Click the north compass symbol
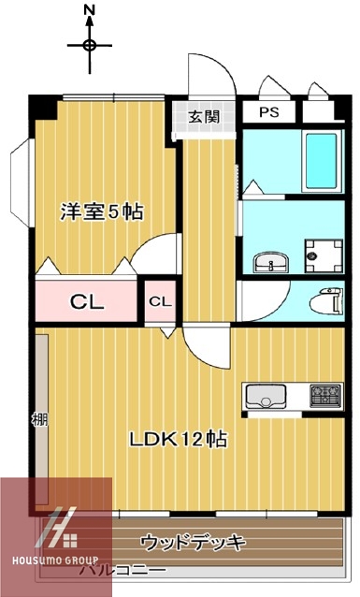90,44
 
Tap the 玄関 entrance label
203,117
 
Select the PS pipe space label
269,112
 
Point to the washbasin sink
270,261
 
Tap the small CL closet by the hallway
160,301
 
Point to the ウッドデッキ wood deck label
193,542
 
